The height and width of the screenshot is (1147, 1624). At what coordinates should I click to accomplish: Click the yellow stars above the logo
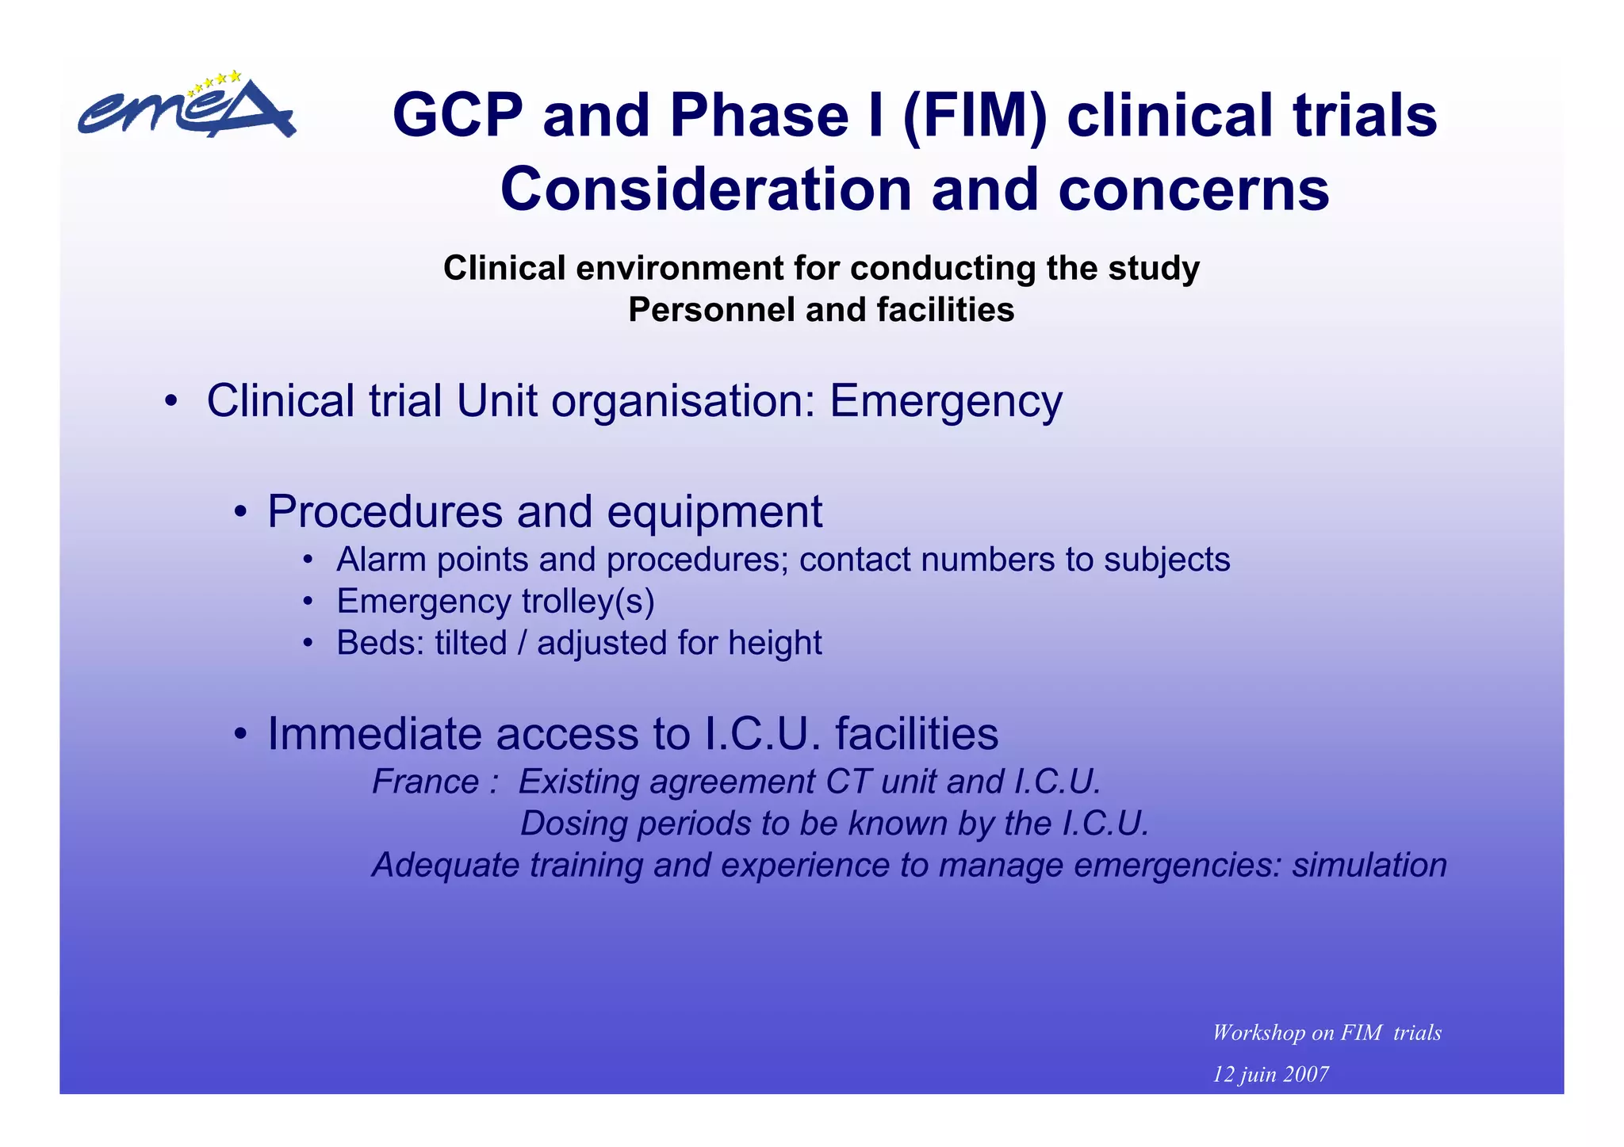[x=215, y=81]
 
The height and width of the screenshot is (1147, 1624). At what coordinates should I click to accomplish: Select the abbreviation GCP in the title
[x=457, y=116]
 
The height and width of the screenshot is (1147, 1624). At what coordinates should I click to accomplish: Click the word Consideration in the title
[x=707, y=190]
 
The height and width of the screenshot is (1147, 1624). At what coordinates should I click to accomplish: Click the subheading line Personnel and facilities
[x=821, y=310]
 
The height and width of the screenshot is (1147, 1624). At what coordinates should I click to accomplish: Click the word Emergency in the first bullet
[x=945, y=401]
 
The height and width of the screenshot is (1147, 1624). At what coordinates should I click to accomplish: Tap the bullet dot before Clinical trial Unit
[x=170, y=400]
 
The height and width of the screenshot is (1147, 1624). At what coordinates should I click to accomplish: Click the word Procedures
[x=385, y=511]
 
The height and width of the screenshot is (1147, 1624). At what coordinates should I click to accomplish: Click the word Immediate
[x=374, y=734]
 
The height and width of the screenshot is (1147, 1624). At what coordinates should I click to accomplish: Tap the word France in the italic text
[x=425, y=782]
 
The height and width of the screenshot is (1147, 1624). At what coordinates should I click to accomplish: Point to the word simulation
[x=1369, y=865]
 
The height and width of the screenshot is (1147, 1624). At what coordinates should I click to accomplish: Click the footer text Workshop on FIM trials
[x=1327, y=1033]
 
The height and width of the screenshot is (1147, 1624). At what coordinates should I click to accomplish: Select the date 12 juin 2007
[x=1270, y=1075]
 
